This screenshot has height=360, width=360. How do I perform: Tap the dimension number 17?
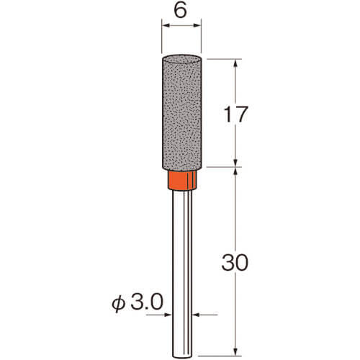pyautogui.click(x=235, y=114)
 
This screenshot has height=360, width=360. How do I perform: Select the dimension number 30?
pyautogui.click(x=235, y=263)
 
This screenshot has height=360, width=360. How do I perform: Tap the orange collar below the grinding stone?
pyautogui.click(x=182, y=180)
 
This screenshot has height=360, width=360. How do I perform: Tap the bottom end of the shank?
pyautogui.click(x=182, y=357)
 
